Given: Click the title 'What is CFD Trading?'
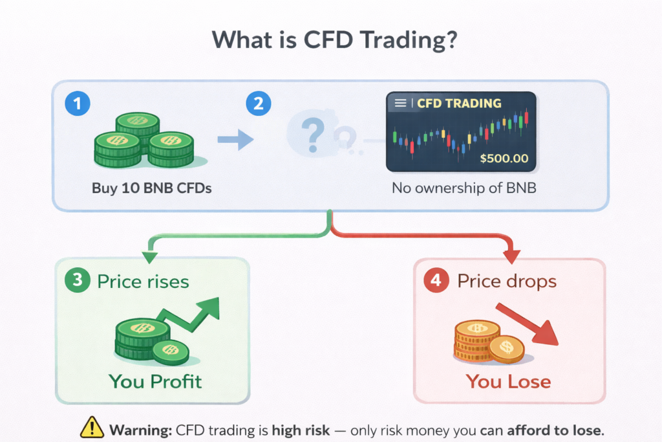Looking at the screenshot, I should coord(331,40).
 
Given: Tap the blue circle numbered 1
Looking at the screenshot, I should coord(78,104).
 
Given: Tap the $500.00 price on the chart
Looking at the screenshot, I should coord(504,158).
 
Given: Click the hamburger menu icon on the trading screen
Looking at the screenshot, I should coord(400,104).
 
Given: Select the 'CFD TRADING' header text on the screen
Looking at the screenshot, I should coord(459,104).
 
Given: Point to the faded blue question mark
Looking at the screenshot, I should coord(313,133).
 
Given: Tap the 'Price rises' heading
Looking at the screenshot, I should coord(143,282).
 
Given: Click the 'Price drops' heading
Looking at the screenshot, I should coord(507,282).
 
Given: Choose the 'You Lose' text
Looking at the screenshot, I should coord(508,381).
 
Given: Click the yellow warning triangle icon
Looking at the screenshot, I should coord(92,428).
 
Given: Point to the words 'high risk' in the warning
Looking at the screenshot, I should coord(299,429).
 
